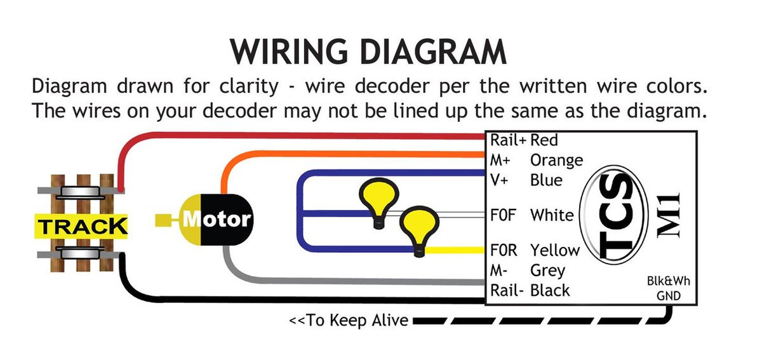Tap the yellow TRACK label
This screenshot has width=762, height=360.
[81, 226]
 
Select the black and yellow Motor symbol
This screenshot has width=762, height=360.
[216, 220]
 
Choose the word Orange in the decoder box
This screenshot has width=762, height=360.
[556, 160]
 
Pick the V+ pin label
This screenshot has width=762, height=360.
[499, 180]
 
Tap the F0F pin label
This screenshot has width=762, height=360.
[503, 215]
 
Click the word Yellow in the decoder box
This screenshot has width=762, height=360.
[555, 250]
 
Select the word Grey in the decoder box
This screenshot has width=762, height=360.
[547, 271]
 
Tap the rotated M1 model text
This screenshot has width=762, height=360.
[669, 215]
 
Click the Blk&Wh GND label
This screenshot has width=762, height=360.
[669, 288]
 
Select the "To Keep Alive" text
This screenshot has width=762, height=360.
[349, 320]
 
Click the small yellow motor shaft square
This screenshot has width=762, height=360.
[163, 220]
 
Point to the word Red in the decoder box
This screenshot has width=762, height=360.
[544, 140]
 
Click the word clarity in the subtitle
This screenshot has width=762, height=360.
[249, 87]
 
